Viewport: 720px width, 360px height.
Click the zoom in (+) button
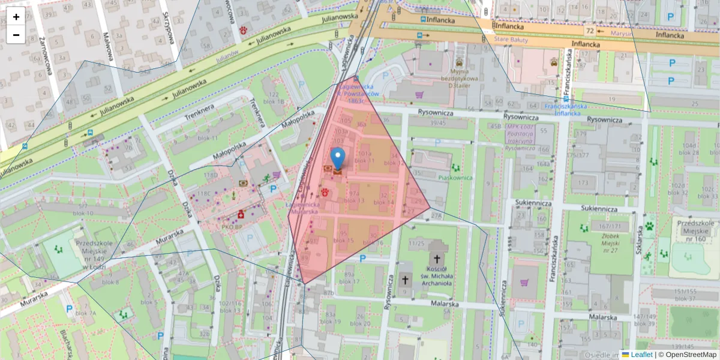click(16, 17)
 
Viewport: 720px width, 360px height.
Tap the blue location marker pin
click(338, 158)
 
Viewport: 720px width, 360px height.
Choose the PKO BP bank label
click(232, 227)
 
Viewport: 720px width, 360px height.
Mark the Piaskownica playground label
click(457, 178)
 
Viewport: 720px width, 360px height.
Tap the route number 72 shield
click(591, 31)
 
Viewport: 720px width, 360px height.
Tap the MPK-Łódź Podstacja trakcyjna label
click(521, 137)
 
